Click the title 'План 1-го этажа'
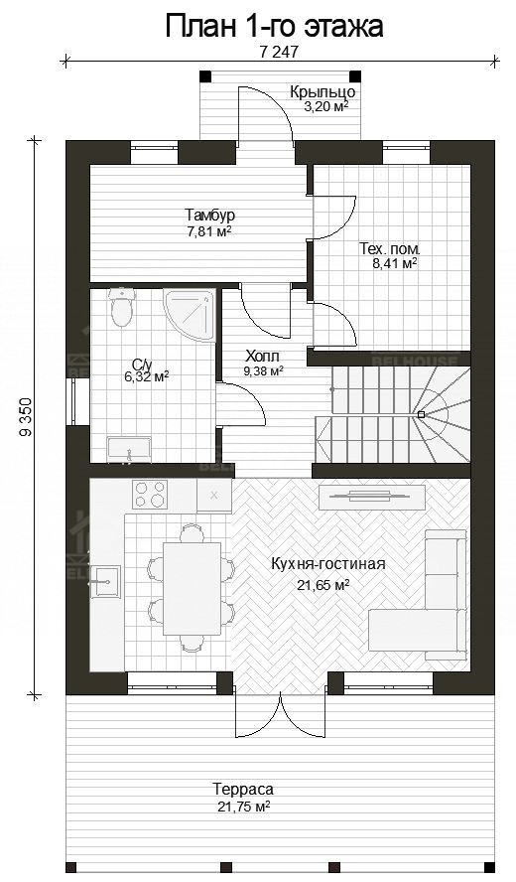pos(274,27)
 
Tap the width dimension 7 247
pos(278,52)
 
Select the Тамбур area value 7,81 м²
pos(208,231)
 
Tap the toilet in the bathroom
pos(121,308)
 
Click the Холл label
pos(263,356)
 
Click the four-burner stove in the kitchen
pos(150,495)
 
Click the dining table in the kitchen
pos(193,587)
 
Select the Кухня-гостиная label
pos(327,564)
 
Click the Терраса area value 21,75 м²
pos(242,808)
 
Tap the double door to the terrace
pos(281,714)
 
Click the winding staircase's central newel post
pos(421,413)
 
